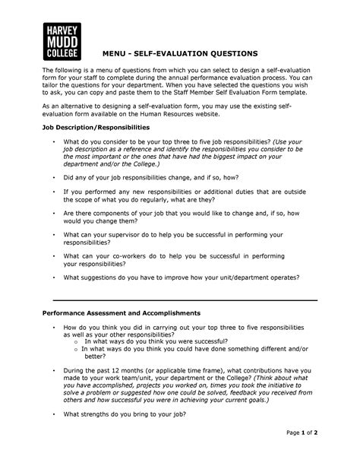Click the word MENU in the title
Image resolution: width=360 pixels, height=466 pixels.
click(118, 53)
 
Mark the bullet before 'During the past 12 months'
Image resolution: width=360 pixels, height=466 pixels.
click(52, 369)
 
